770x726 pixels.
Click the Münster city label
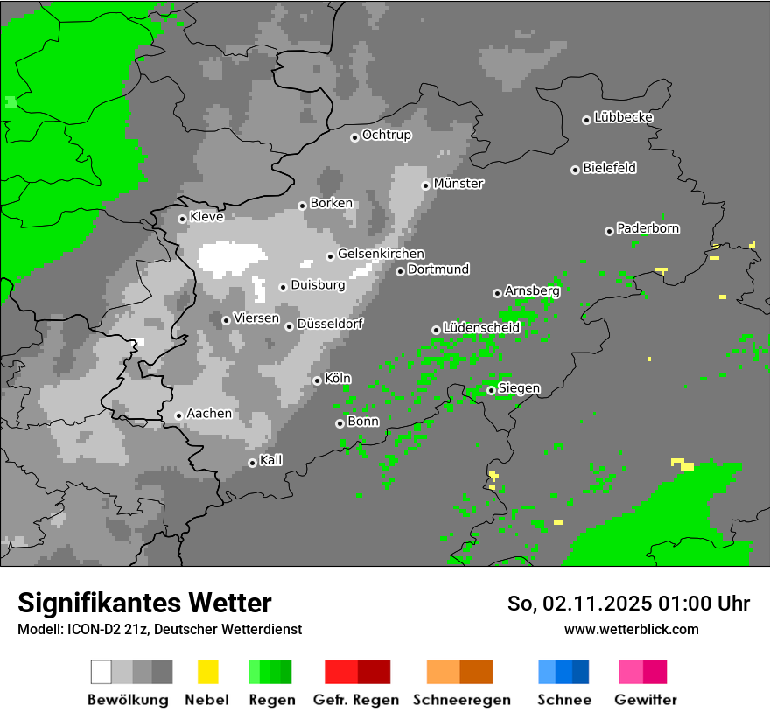pos(458,184)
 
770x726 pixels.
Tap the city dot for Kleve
pos(182,219)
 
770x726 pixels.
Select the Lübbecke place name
pos(623,117)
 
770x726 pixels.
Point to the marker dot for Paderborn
pos(609,231)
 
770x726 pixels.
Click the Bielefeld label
pos(609,168)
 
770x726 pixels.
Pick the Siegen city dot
pos(491,390)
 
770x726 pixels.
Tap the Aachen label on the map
pos(209,414)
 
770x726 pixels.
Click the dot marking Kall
pos(252,463)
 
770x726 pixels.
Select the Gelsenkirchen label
pos(381,254)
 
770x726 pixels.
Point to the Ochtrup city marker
pos(354,136)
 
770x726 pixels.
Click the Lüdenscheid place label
pos(481,327)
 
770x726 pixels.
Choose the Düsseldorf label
pos(330,324)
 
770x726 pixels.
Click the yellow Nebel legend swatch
pos(207,672)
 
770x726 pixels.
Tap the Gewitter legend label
pos(646,700)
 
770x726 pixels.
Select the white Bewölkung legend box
pos(101,672)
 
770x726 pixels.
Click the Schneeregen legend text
pos(461,700)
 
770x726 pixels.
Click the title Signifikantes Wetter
pos(144,603)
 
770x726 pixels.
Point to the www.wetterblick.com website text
pos(632,629)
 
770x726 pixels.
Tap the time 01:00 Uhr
pos(700,604)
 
